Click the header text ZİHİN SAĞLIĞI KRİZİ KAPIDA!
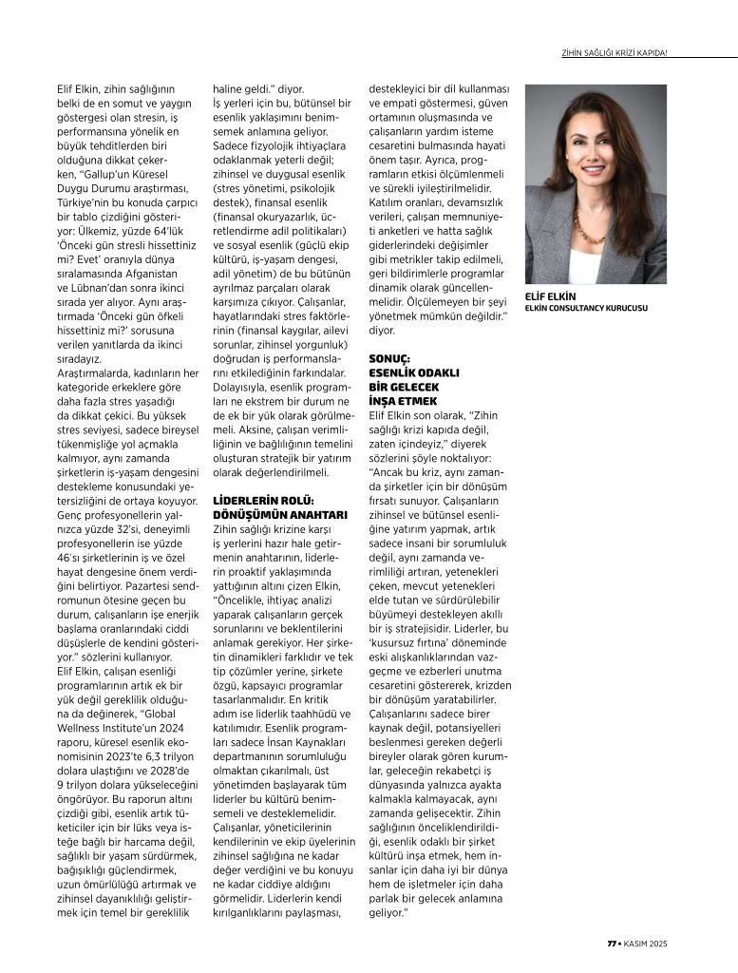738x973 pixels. pyautogui.click(x=614, y=52)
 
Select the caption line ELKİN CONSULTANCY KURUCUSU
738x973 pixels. pyautogui.click(x=586, y=308)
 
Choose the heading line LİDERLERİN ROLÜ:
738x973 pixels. pyautogui.click(x=263, y=501)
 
